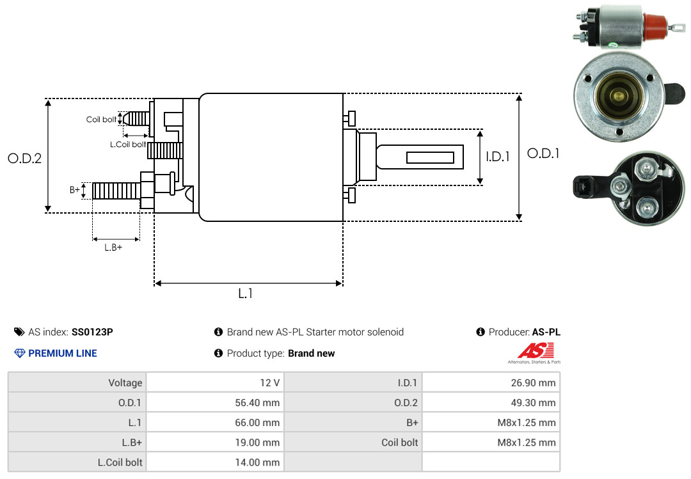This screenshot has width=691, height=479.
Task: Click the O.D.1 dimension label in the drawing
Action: (x=543, y=153)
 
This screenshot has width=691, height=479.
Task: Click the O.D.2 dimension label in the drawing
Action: (x=24, y=158)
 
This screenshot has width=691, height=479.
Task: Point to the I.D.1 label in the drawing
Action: (x=497, y=156)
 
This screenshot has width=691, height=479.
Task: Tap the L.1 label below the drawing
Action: (x=246, y=294)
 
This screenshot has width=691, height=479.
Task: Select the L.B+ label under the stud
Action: (x=113, y=247)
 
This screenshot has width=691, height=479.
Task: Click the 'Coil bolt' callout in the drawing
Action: (x=101, y=120)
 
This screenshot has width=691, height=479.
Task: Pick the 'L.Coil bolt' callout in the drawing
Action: (x=128, y=145)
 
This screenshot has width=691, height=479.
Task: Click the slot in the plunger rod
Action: (x=431, y=157)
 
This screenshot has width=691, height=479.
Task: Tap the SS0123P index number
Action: (x=92, y=332)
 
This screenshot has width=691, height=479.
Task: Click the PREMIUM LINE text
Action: (x=63, y=353)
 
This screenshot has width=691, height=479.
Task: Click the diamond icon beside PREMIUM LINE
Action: (x=19, y=353)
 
